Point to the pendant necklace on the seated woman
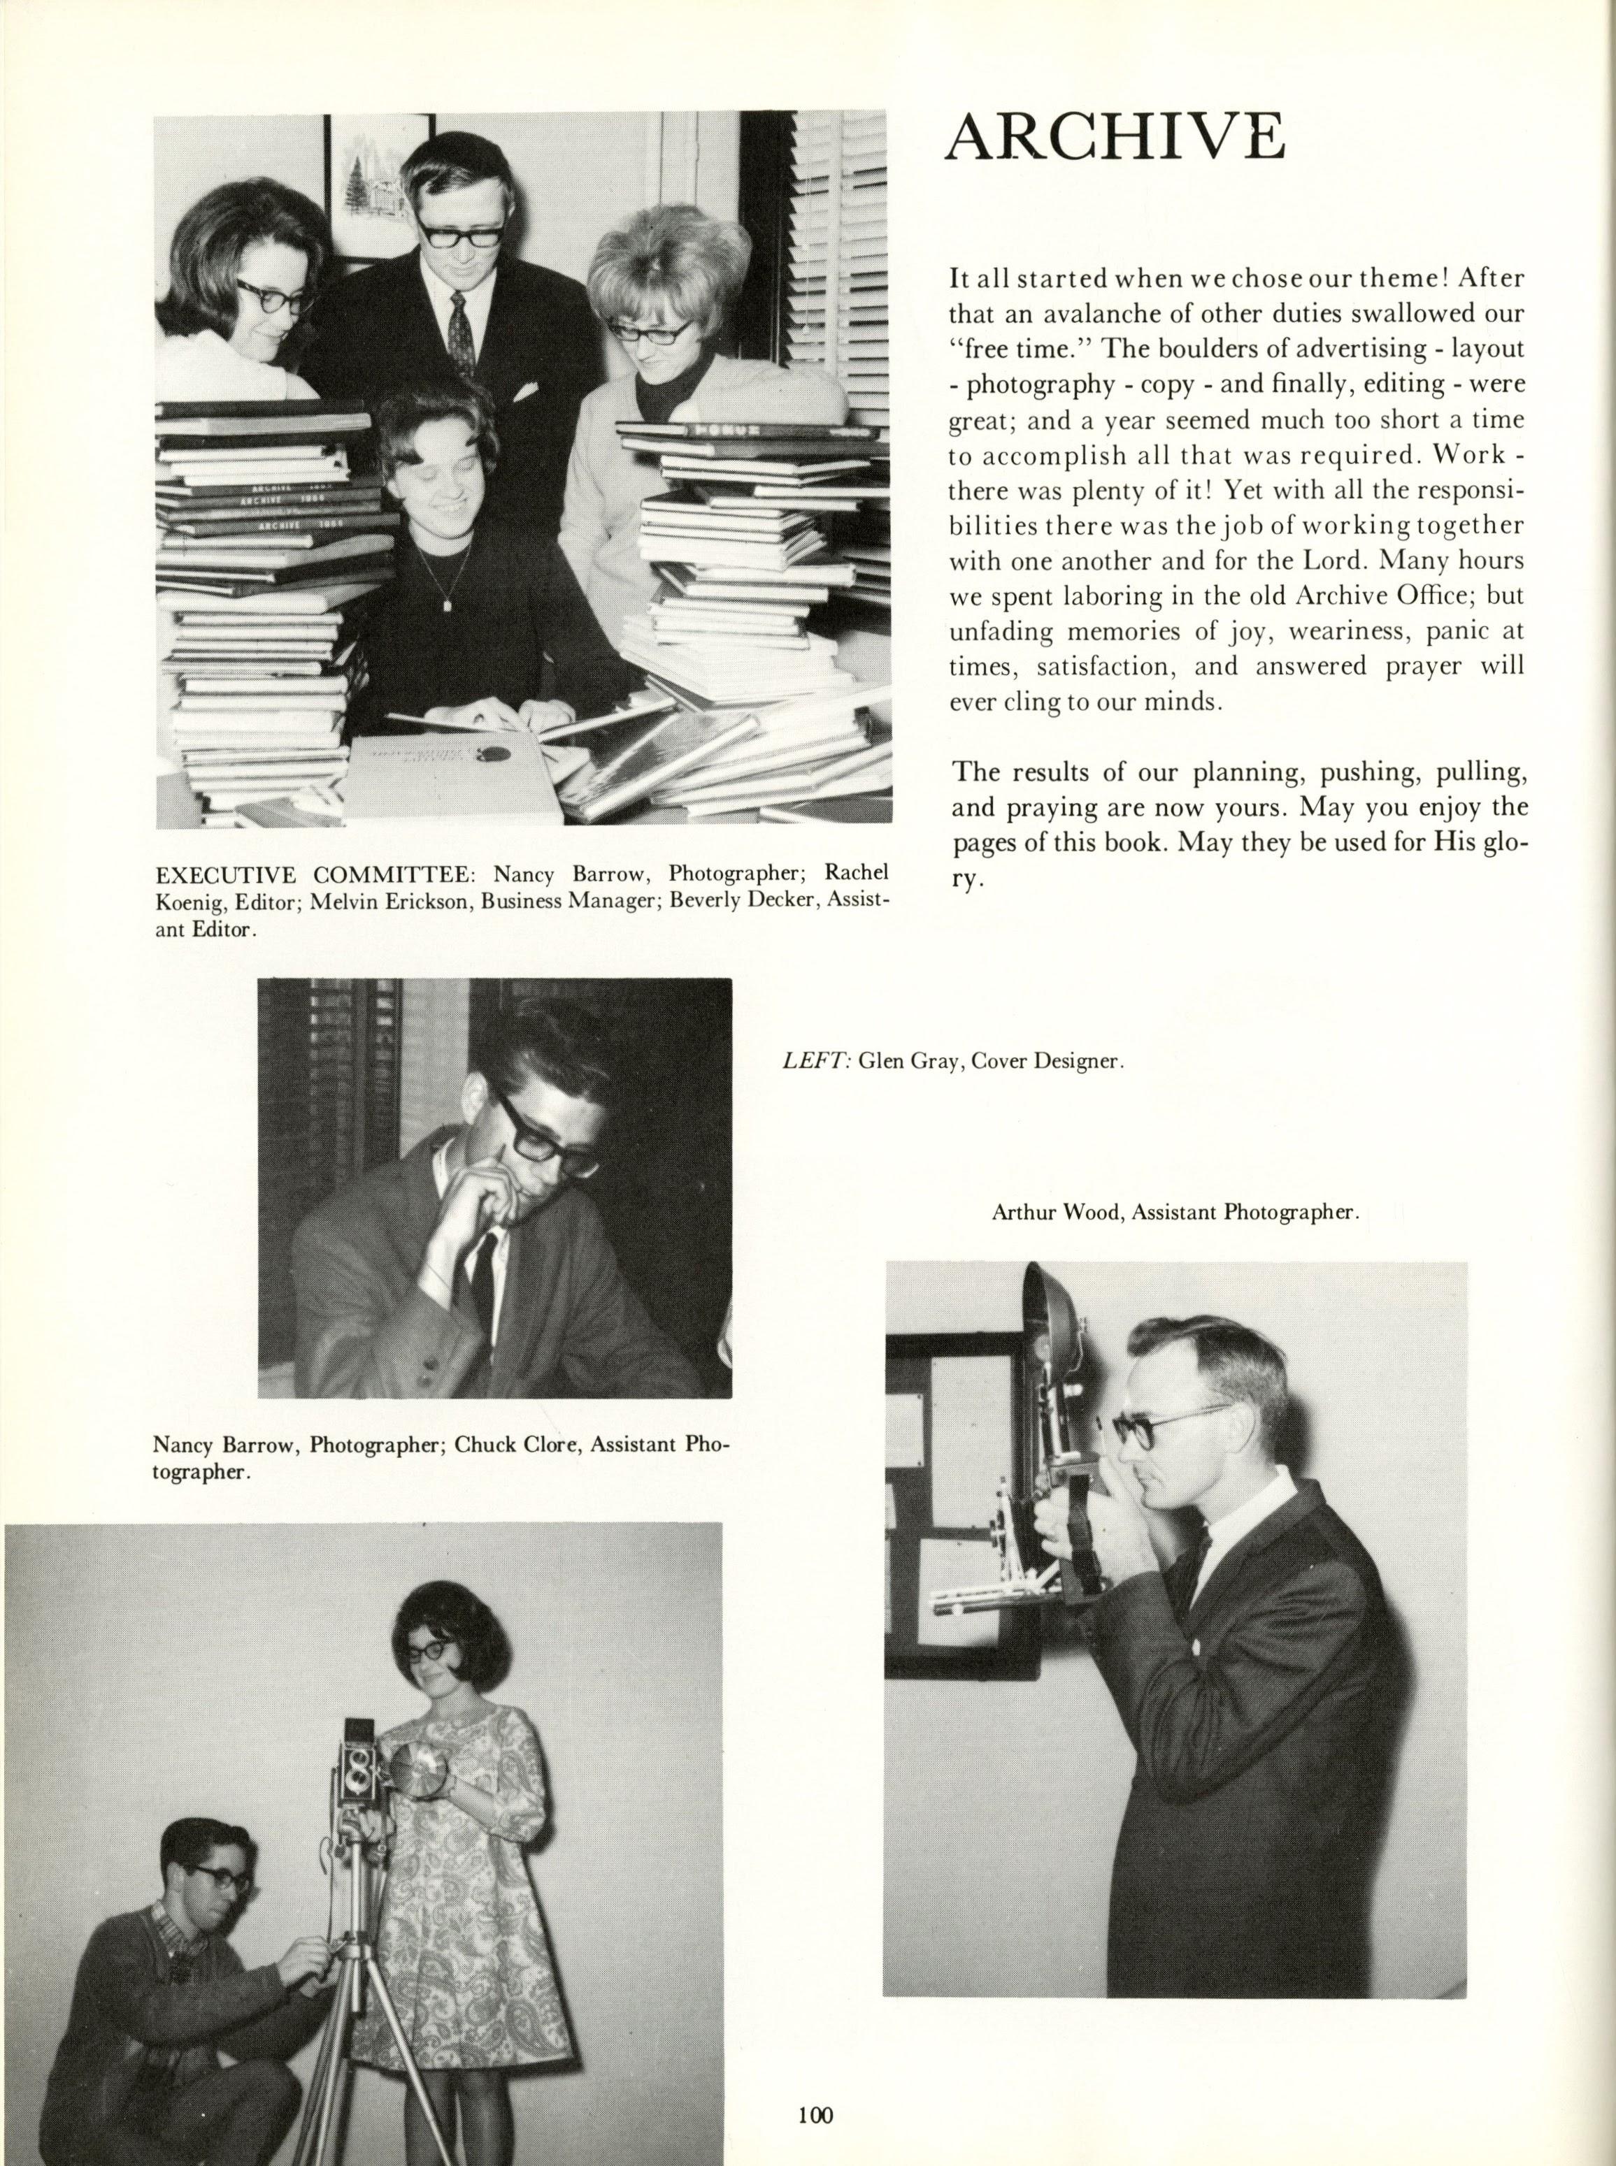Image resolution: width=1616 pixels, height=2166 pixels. point(449,603)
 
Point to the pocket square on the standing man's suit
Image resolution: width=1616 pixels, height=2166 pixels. point(527,393)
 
